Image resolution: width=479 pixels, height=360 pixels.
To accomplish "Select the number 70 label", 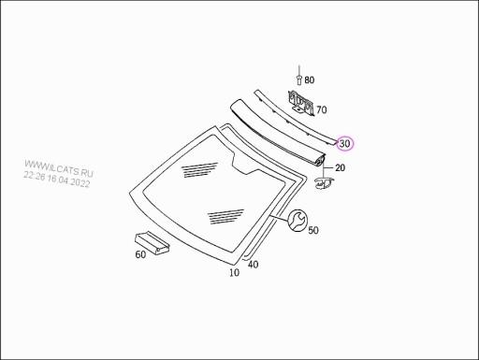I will click(x=321, y=109).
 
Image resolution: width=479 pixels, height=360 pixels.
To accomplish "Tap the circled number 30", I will click(x=345, y=144).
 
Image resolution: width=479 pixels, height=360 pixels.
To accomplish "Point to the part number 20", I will click(x=340, y=167).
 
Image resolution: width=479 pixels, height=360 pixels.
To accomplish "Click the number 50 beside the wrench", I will click(x=312, y=229).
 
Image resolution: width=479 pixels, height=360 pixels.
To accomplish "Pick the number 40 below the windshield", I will click(x=253, y=266).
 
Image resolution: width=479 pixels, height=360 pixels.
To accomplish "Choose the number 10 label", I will click(x=234, y=273).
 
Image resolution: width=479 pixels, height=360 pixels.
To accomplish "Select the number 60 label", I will click(x=140, y=254).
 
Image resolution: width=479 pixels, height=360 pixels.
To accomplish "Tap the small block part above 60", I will click(x=152, y=241).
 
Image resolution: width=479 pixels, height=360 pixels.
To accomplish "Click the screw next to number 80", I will click(x=298, y=79).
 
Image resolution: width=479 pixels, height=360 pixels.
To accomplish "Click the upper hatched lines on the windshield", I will click(x=199, y=169).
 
